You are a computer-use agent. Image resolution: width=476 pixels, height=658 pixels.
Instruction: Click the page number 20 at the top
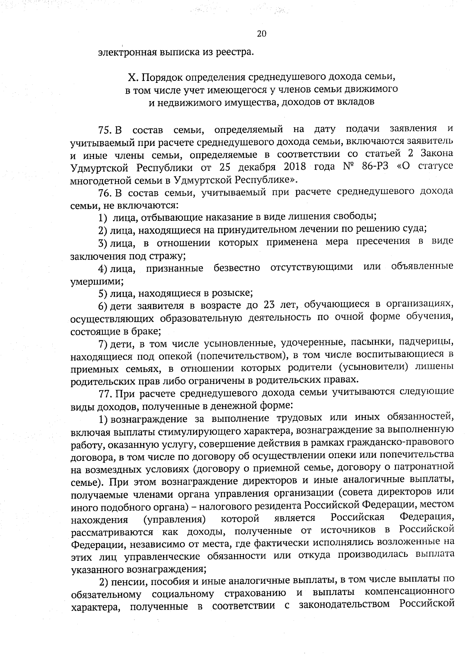[261, 34]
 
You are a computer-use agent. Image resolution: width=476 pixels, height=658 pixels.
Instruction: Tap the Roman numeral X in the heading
[132, 77]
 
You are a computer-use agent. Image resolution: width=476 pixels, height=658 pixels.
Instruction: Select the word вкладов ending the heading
[355, 102]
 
